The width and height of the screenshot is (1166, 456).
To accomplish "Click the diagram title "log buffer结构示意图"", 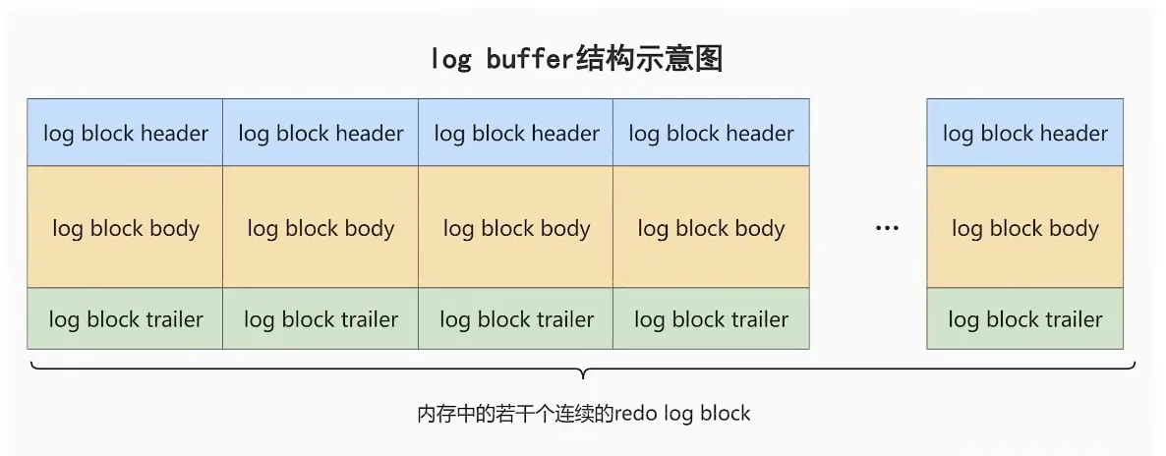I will coord(577,60).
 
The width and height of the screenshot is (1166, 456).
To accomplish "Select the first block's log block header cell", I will coord(125,133).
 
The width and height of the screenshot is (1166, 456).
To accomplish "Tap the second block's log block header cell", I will coord(321,133).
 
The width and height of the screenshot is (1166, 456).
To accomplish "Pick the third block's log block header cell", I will coord(516,133).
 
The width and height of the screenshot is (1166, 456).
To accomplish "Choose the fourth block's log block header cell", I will coord(711,133).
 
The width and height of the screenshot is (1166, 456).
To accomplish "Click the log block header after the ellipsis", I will coord(1024,133).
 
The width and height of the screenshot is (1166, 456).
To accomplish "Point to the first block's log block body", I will coord(125,228).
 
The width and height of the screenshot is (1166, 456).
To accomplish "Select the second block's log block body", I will coord(321,228).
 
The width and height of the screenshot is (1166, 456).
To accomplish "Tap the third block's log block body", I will coord(516,228).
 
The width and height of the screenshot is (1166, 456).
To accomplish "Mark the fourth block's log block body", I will coord(711,228).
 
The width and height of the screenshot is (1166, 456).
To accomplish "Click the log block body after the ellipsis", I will coord(1024,228).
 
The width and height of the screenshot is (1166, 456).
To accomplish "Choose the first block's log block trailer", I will coord(125,318).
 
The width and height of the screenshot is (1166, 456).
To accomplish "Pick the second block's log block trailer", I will coord(321,318).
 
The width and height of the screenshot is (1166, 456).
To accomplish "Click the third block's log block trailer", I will coord(516,318).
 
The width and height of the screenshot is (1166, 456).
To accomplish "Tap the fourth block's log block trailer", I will coord(711,318).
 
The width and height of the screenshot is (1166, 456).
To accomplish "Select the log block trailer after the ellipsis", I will coord(1024,318).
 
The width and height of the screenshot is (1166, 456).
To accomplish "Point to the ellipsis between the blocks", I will coord(887,229).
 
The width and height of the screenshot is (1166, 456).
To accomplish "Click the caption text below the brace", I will coord(583,413).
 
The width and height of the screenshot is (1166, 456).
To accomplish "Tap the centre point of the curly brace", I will coord(583,372).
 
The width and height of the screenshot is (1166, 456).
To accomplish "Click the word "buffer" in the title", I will coord(529,60).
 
